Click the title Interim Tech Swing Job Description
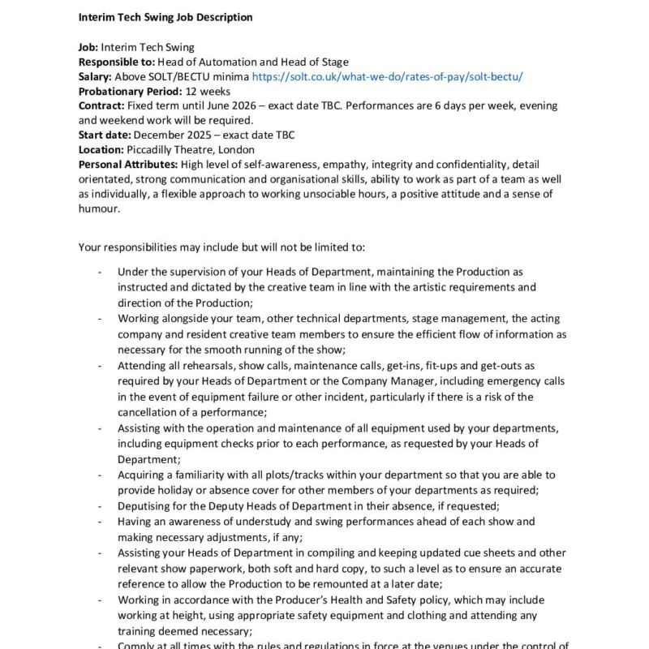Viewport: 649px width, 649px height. (165, 17)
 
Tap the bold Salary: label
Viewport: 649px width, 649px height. (96, 77)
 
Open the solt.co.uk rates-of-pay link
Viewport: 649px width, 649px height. (388, 77)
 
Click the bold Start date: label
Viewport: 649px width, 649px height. (105, 135)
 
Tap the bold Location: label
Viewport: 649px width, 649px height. (101, 150)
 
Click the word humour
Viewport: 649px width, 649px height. (99, 208)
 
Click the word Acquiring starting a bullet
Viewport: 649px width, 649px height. (142, 475)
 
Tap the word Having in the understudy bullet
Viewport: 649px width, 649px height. (134, 522)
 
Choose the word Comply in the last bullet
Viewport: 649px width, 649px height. (136, 646)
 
